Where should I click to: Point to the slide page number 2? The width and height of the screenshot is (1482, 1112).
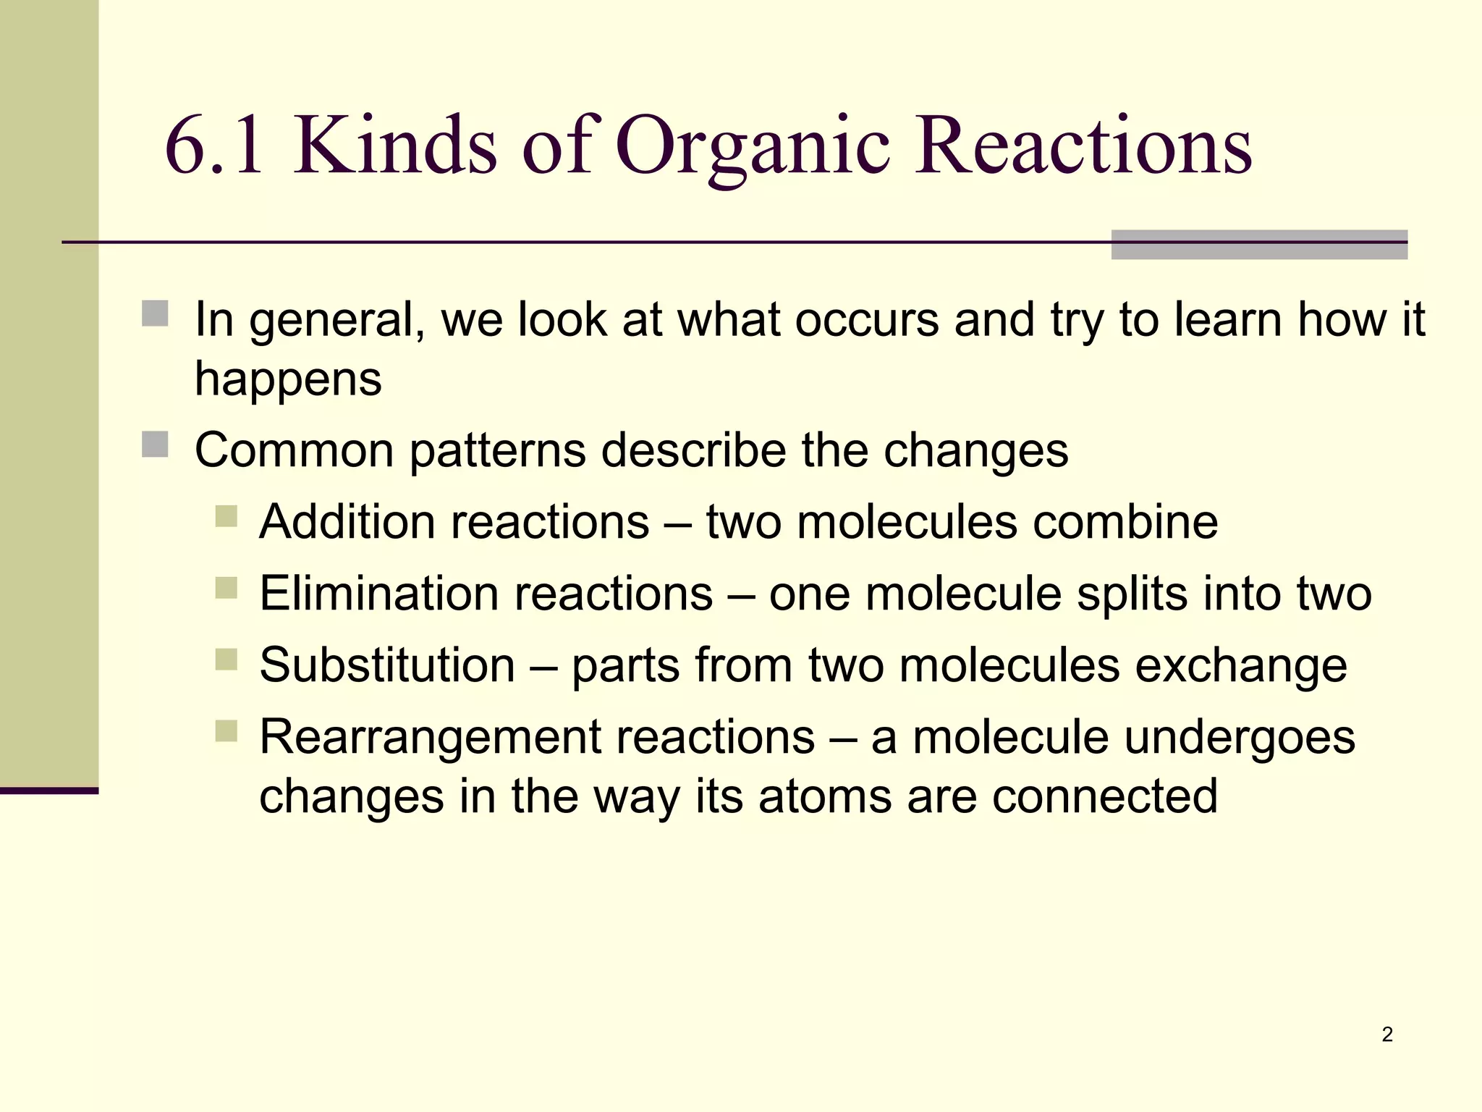[x=1386, y=1035]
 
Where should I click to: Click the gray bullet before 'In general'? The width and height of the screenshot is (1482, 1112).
[x=155, y=314]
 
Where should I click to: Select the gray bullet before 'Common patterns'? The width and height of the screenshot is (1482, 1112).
[x=155, y=445]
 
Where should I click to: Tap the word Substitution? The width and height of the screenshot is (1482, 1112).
[x=387, y=665]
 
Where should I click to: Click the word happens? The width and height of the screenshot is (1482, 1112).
[x=288, y=379]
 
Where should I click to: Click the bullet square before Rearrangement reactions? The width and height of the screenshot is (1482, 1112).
[x=226, y=731]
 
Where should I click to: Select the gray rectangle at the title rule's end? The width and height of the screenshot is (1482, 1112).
[x=1259, y=245]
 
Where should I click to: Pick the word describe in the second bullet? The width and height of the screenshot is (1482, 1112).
[x=693, y=450]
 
